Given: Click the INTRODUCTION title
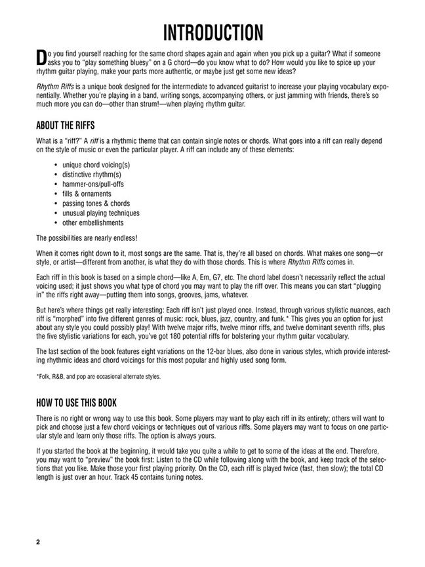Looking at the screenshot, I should (x=212, y=32).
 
